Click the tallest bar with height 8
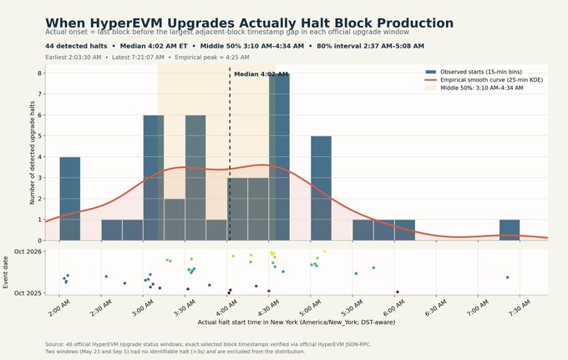pos(279,157)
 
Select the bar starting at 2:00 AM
pos(70,199)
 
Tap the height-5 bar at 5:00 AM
pos(321,188)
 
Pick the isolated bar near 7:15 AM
pos(510,230)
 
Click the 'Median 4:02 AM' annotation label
pos(261,74)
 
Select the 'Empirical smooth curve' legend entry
pos(484,79)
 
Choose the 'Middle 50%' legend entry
pos(474,88)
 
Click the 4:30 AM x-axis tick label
pos(269,308)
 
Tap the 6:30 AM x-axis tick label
pos(436,308)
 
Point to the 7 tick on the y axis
pos(40,94)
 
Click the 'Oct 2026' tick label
pos(28,251)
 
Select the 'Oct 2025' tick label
pos(28,293)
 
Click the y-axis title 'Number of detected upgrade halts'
pos(33,153)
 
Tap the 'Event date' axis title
pos(6,272)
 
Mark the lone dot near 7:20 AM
pos(508,277)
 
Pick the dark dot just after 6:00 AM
pos(398,292)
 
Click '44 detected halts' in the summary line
pos(76,46)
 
